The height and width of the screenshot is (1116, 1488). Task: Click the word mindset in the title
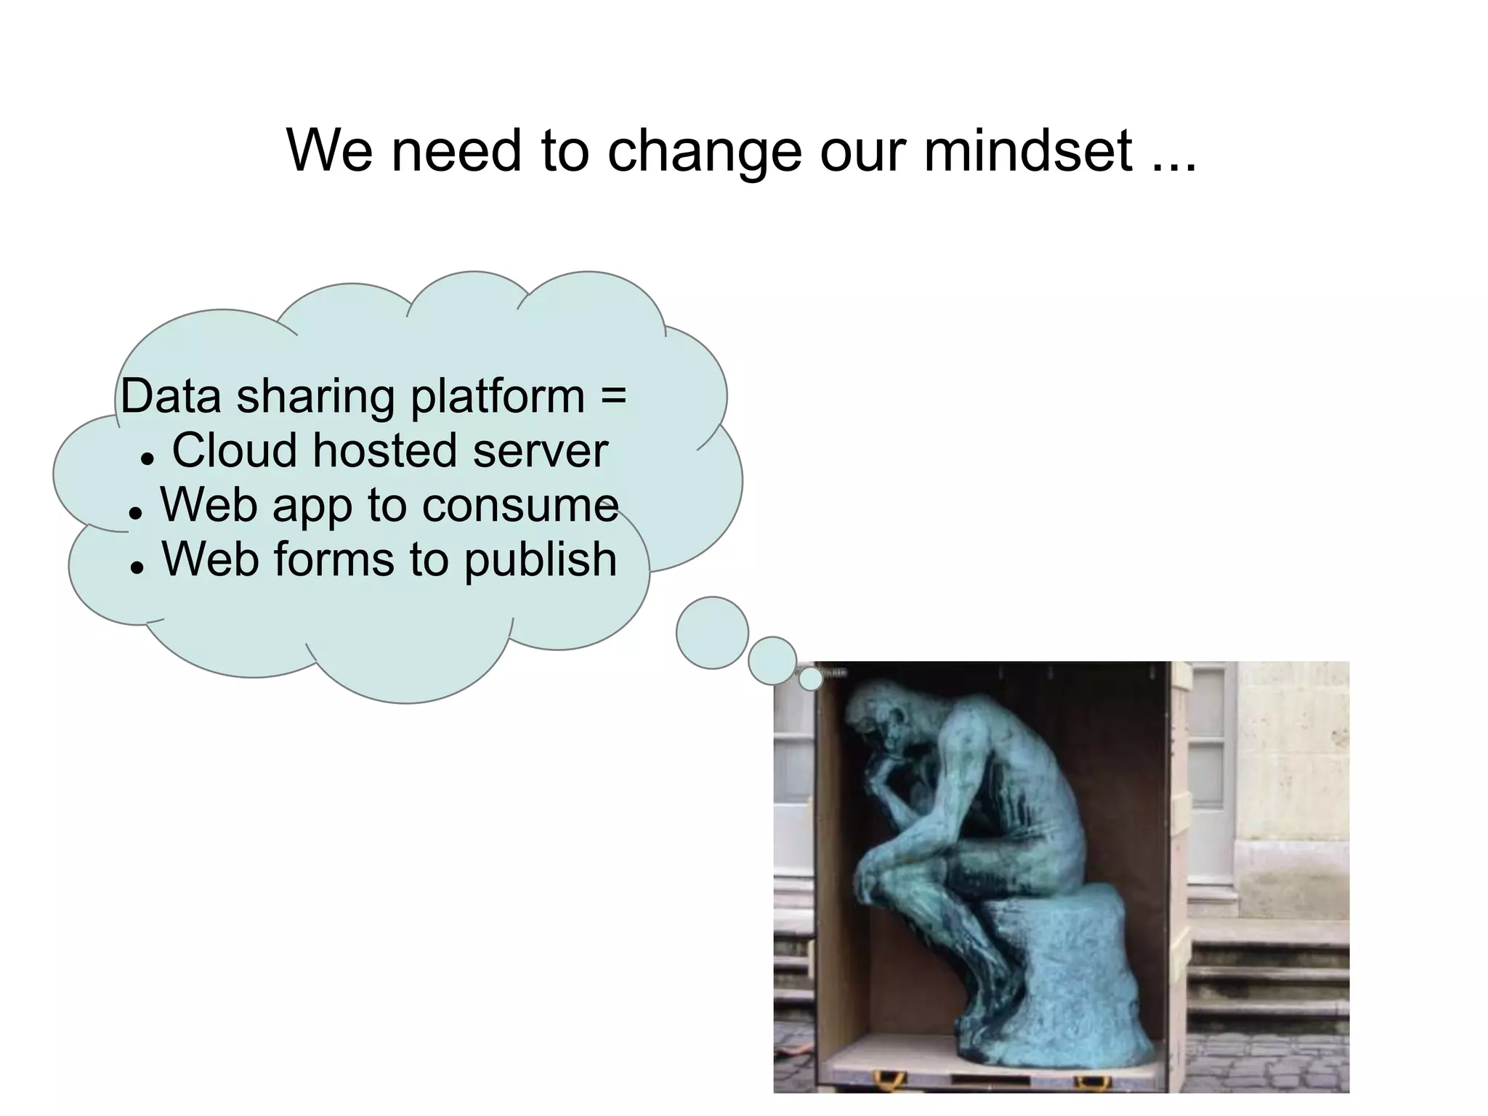coord(1027,151)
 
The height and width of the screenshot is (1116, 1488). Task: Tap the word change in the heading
coord(703,153)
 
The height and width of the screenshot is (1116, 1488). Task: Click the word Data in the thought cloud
coord(171,397)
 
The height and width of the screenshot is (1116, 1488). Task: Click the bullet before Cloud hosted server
coord(147,458)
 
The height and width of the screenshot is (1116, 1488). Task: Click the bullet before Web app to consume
coord(134,513)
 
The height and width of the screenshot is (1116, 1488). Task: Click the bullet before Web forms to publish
coord(136,567)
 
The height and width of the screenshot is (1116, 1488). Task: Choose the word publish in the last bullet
coord(541,560)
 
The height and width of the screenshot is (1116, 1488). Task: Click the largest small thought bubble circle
coord(712,633)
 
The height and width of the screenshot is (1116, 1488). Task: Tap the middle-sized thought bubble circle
coord(772,660)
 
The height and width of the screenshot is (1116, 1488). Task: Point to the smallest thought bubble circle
coord(811,679)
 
